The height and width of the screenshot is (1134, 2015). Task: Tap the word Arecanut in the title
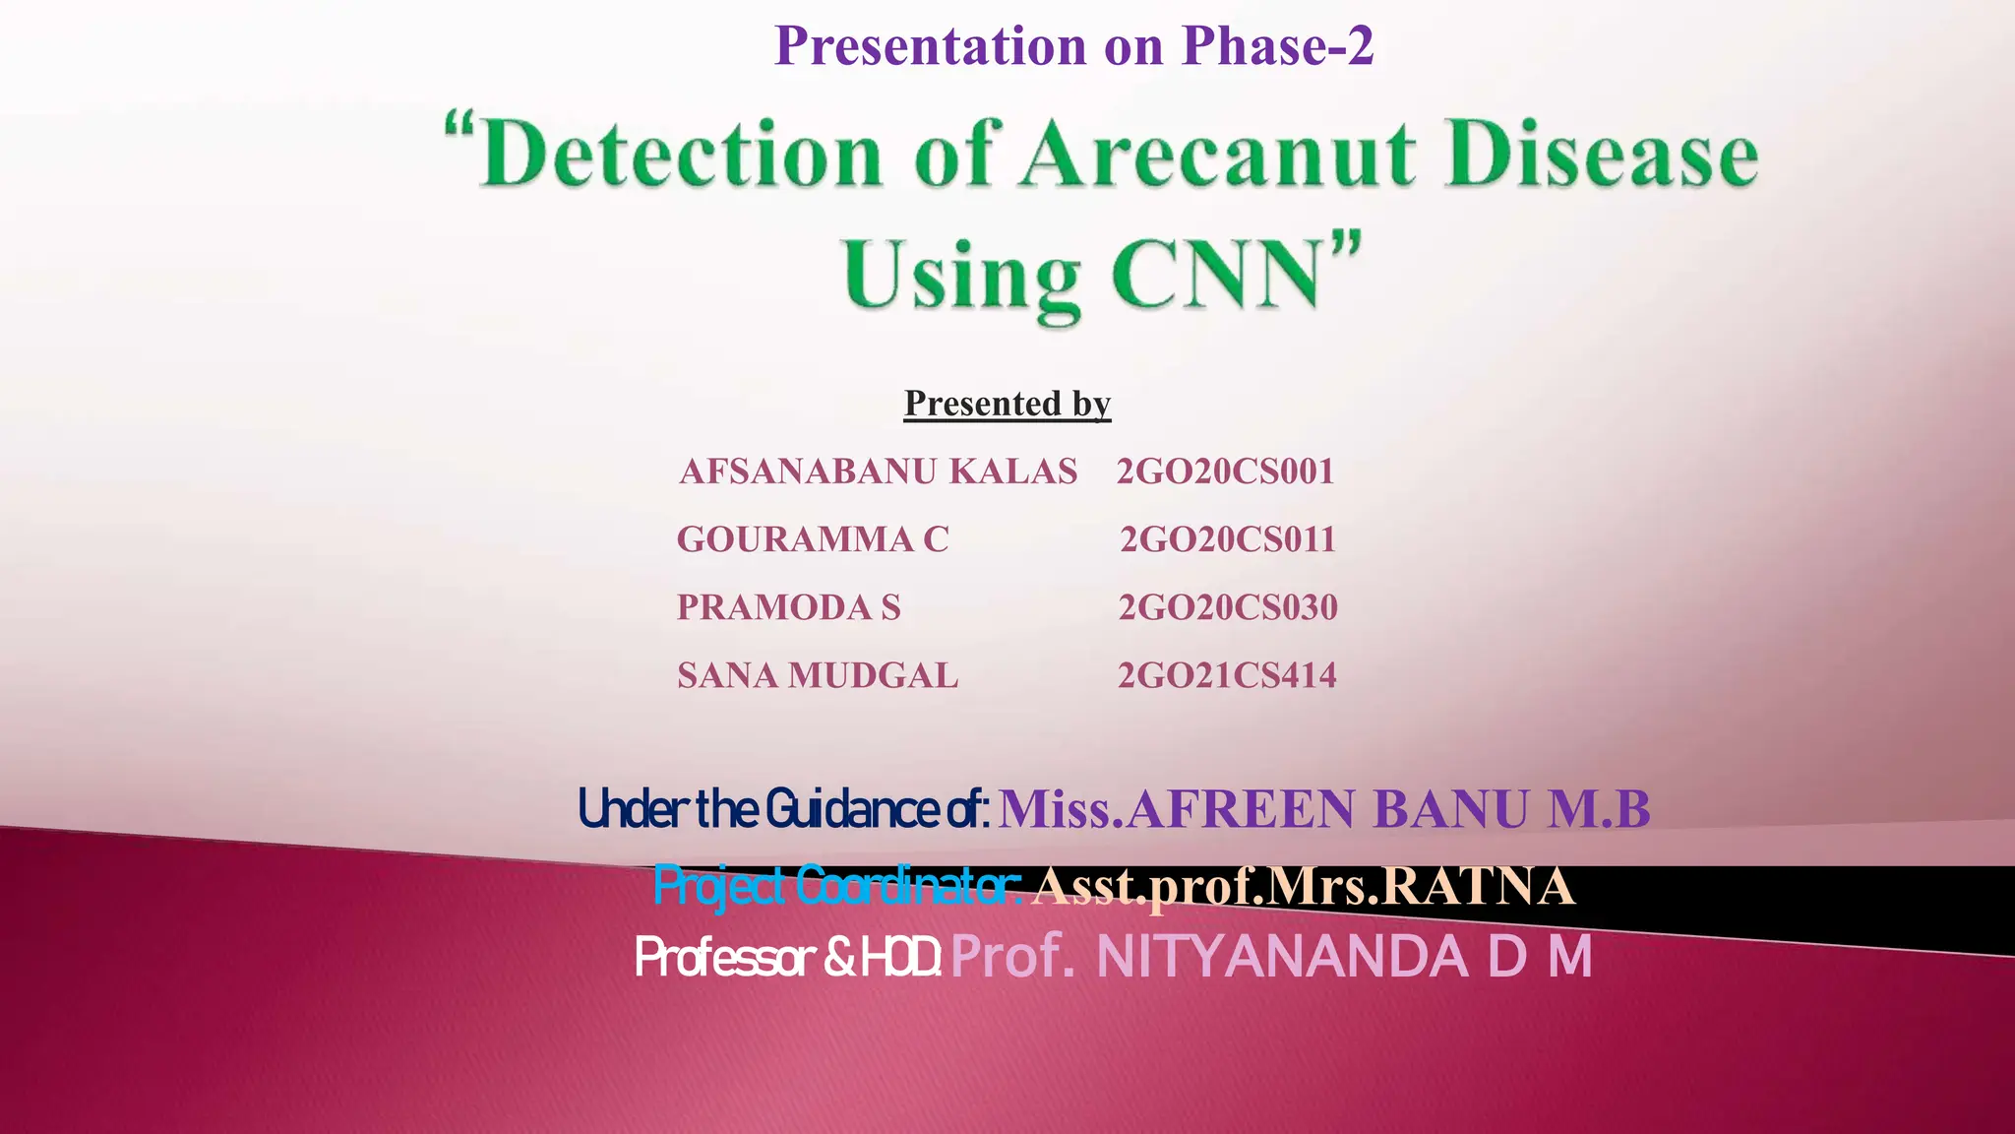coord(1219,155)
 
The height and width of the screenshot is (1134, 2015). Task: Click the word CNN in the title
coord(1220,275)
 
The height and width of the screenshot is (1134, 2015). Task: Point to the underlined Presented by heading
coord(1007,404)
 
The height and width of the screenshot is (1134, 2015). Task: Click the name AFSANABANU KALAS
coord(878,472)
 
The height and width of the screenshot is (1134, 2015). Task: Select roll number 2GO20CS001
coord(1225,472)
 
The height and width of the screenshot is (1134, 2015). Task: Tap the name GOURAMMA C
coord(813,539)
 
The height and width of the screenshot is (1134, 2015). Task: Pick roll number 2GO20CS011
coord(1228,539)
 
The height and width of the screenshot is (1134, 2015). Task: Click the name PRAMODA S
coord(789,607)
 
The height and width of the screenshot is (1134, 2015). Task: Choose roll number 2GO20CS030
coord(1228,607)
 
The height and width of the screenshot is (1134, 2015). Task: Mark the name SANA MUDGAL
coord(818,675)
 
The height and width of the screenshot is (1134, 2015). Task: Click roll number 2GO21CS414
coord(1227,675)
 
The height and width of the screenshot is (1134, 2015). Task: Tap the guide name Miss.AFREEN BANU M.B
coord(1324,809)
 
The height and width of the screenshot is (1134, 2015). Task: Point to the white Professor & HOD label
coord(788,957)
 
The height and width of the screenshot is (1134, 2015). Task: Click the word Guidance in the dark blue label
coord(852,809)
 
